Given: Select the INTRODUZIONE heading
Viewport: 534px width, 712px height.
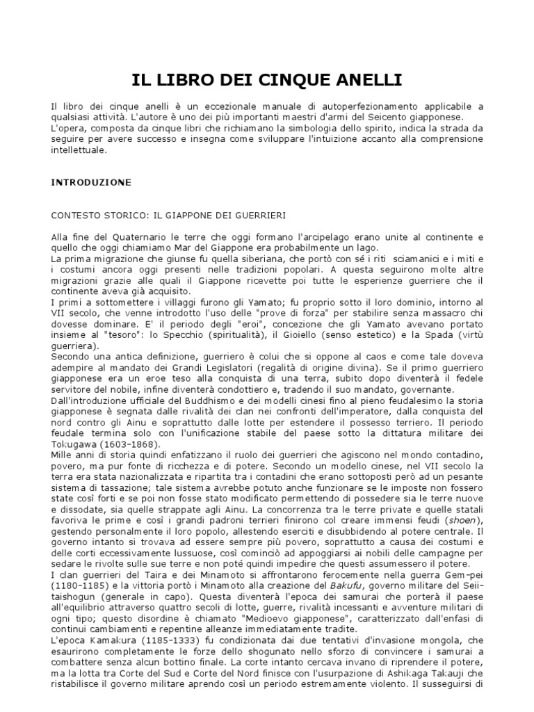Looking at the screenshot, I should [91, 182].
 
